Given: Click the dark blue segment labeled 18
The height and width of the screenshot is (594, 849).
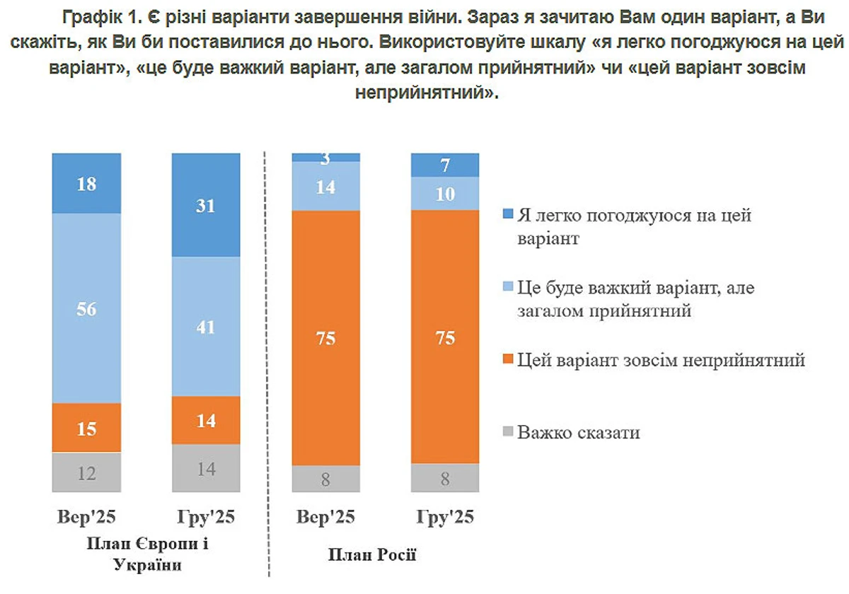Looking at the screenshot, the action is pos(86,183).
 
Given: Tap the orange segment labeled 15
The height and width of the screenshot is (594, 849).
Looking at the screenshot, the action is pos(86,428).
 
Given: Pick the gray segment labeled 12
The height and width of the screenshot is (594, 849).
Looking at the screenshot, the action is pos(86,472).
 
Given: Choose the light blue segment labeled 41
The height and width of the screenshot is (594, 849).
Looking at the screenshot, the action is pos(207,327).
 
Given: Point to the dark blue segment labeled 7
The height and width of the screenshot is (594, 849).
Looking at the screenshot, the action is pos(445,165).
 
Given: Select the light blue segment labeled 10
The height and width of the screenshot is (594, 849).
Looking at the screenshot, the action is pos(445,193).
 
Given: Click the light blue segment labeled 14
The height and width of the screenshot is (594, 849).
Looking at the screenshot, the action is pos(326,186).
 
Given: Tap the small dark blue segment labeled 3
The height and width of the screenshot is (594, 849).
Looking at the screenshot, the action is pos(326,157).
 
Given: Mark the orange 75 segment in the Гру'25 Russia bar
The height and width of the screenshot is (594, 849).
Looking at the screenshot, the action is pos(445,337).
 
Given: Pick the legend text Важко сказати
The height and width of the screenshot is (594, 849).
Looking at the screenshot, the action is pos(579,432).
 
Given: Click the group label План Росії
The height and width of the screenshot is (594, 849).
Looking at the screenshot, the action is pos(372,554).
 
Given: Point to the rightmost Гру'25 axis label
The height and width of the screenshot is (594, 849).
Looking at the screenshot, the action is pos(445,517).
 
